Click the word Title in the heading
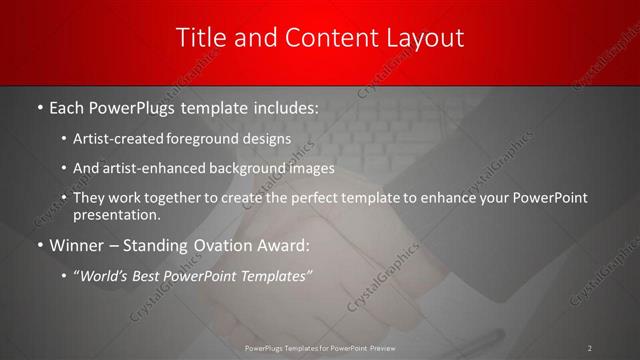pyautogui.click(x=201, y=38)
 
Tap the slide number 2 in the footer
pyautogui.click(x=590, y=347)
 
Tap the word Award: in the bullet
pyautogui.click(x=284, y=244)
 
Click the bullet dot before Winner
pyautogui.click(x=39, y=244)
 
